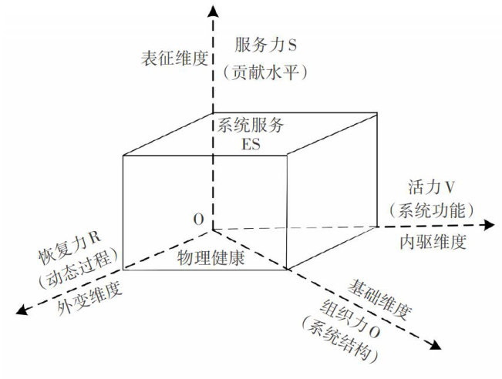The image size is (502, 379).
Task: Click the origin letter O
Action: tap(199, 220)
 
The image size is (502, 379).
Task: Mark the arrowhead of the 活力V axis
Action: tap(488, 225)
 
